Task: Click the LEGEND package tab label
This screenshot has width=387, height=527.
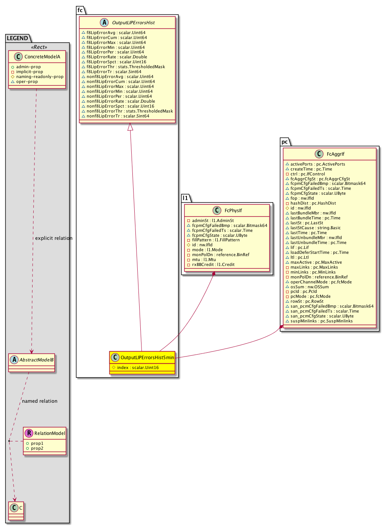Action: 17,38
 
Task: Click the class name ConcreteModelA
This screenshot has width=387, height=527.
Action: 42,57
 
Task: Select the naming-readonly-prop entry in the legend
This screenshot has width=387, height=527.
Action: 39,77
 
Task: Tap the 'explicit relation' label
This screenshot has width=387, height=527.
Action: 54,238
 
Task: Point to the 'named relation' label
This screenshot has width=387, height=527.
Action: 40,401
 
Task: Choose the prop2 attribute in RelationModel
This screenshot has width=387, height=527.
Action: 37,448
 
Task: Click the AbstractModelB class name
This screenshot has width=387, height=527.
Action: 36,360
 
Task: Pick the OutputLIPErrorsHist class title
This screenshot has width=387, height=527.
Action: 133,23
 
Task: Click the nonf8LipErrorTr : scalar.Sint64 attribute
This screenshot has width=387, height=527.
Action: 118,116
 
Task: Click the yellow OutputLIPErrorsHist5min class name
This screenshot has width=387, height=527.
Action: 147,358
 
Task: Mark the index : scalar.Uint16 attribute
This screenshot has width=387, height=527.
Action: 138,367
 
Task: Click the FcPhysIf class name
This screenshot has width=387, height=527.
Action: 233,211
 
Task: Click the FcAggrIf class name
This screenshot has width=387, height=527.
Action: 336,154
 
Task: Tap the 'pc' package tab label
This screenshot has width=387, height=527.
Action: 284,142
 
